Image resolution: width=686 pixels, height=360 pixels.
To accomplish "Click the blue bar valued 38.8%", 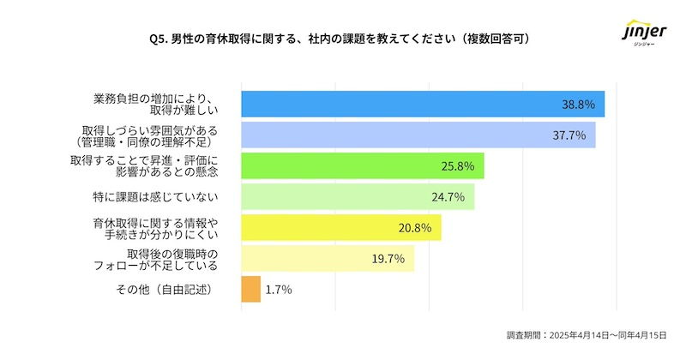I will [423, 104].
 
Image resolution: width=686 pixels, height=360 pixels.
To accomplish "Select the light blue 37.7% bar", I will [418, 135].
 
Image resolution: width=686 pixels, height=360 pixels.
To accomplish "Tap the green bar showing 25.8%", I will [363, 165].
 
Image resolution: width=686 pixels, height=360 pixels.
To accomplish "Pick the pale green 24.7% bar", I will [358, 196].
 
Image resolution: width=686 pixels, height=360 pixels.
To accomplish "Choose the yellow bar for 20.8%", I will [341, 227].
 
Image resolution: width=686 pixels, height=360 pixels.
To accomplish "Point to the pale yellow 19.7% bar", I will [328, 258].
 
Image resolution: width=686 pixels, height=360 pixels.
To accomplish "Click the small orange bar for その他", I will [250, 289].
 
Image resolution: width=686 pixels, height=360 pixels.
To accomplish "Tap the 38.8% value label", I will [578, 105].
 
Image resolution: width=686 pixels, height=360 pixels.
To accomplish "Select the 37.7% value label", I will [569, 135].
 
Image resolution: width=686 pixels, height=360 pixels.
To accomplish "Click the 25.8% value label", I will [457, 166].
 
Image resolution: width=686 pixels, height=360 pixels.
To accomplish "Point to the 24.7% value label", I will [448, 197].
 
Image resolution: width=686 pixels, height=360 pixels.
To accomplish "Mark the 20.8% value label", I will [414, 228].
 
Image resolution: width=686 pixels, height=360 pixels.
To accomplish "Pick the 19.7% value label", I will [388, 259].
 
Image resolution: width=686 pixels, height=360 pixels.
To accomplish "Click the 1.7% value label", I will [279, 290].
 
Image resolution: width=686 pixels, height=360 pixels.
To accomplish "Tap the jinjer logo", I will [642, 36].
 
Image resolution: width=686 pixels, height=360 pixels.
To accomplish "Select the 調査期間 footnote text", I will [586, 336].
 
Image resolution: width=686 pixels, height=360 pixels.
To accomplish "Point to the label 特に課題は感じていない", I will [155, 197].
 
